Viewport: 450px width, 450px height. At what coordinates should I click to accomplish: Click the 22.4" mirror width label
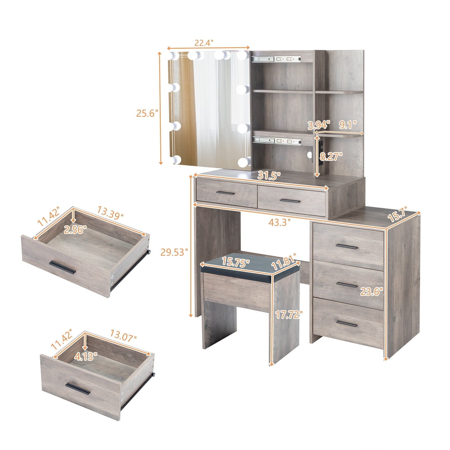204,43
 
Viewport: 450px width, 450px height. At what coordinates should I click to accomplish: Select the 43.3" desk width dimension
279,222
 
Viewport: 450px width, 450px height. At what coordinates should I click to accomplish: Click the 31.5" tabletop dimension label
269,176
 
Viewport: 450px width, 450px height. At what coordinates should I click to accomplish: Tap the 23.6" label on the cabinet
372,292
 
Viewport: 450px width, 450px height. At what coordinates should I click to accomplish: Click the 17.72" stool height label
287,315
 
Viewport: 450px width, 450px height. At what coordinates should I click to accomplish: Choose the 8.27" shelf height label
331,156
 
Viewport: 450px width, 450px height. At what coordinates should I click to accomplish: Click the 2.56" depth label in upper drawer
74,230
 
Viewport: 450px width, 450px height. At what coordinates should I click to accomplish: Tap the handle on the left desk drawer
225,193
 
